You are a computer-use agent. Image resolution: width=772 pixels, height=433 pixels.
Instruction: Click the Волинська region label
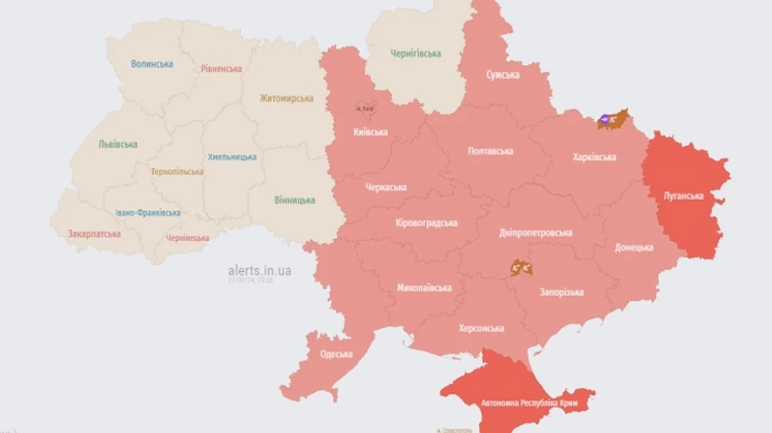[x=152, y=63]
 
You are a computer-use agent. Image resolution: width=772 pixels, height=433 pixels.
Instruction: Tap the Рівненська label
[x=221, y=69]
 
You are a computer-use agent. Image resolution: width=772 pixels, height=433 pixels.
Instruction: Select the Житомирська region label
[x=286, y=99]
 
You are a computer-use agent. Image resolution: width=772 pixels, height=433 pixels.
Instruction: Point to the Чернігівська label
[x=416, y=53]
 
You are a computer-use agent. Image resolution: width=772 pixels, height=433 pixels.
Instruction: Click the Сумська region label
[x=503, y=75]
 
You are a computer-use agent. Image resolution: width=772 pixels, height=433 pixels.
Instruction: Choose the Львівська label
[x=118, y=144]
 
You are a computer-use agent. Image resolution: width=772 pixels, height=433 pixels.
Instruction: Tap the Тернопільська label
[x=177, y=171]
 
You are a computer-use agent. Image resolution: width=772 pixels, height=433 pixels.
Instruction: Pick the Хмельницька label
[x=232, y=157]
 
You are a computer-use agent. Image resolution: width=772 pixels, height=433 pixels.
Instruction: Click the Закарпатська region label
[x=94, y=233]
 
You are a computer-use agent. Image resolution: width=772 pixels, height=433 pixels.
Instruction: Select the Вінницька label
[x=294, y=200]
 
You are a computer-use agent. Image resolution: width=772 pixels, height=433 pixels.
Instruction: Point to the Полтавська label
[x=491, y=151]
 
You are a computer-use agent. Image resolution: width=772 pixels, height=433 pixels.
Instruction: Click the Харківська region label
[x=594, y=157]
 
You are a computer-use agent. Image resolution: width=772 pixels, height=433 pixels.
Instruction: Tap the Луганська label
[x=683, y=195]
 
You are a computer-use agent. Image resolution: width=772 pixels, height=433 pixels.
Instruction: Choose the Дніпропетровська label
[x=535, y=232]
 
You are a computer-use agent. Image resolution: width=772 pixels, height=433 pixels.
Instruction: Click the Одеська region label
[x=336, y=354]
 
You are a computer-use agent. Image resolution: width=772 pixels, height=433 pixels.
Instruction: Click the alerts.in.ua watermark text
[x=259, y=271]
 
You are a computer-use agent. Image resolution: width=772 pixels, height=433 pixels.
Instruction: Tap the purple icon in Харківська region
[x=604, y=121]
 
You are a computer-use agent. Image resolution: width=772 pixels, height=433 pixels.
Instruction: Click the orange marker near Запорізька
[x=521, y=268]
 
